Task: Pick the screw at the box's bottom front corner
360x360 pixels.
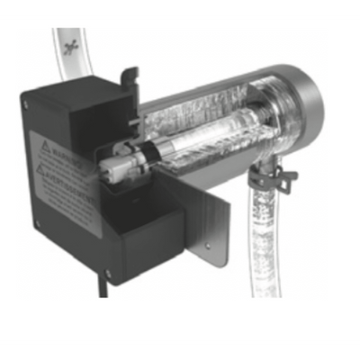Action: pos(108,273)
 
